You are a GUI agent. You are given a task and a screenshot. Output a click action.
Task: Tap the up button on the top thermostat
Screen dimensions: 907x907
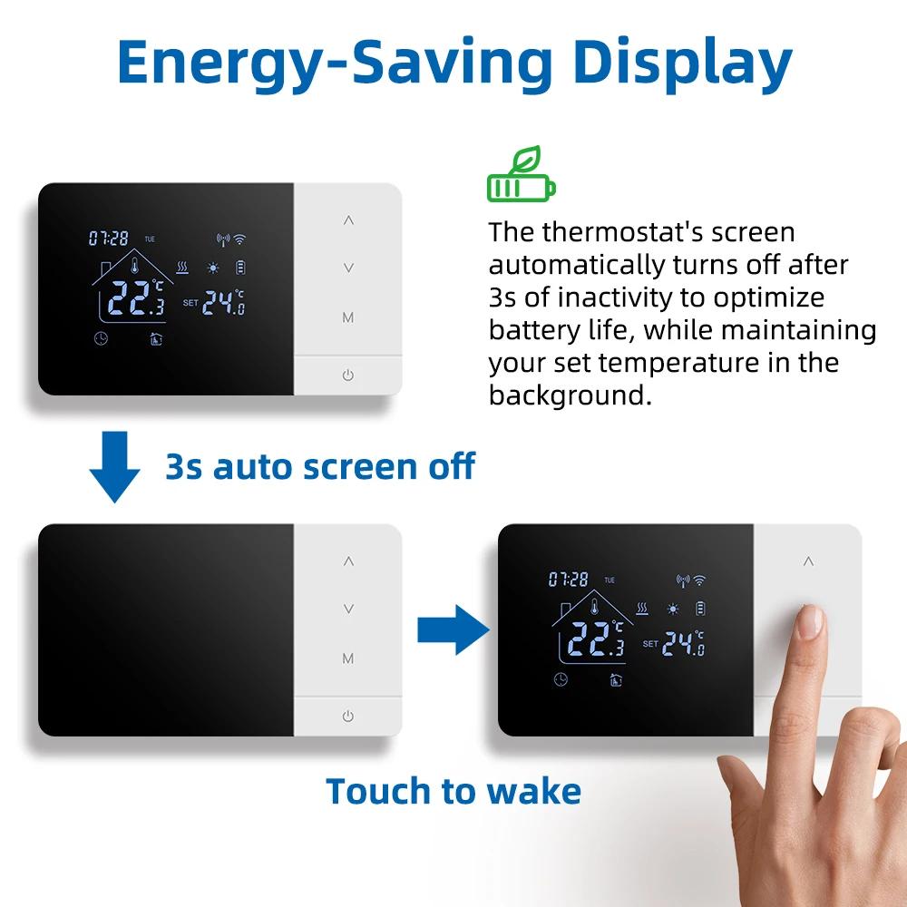[348, 220]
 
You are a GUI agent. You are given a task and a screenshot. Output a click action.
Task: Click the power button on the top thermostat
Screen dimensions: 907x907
[348, 375]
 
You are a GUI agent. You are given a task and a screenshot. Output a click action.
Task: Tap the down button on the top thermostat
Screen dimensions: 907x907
[348, 268]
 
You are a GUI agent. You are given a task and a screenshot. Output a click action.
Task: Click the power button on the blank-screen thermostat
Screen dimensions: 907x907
[348, 716]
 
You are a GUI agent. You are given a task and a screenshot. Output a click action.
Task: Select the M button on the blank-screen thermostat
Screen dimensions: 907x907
[348, 658]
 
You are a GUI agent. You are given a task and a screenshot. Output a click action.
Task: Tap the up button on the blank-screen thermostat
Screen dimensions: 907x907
[348, 561]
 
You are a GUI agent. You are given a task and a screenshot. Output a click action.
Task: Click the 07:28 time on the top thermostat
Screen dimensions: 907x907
[110, 239]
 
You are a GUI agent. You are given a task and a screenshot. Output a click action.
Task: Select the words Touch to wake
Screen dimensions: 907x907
[453, 791]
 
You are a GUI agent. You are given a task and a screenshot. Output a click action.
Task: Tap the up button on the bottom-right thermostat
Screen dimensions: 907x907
[806, 560]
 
